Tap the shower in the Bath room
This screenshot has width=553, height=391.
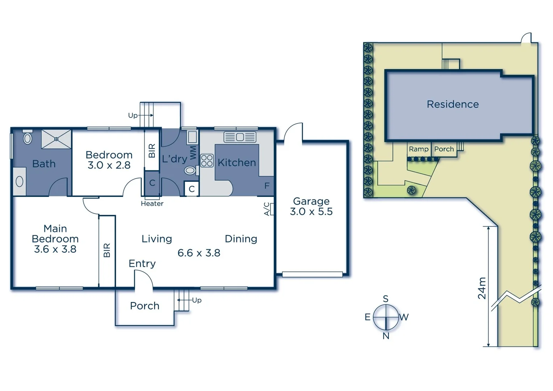pyautogui.click(x=56, y=139)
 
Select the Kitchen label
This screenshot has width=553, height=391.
pyautogui.click(x=237, y=163)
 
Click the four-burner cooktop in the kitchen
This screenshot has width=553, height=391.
pyautogui.click(x=207, y=160)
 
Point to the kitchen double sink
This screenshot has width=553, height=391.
pyautogui.click(x=240, y=137)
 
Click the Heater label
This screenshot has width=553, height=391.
pyautogui.click(x=152, y=204)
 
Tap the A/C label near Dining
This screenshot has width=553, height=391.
pyautogui.click(x=267, y=209)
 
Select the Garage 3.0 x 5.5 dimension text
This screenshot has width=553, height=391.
pyautogui.click(x=311, y=211)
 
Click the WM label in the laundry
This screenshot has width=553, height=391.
pyautogui.click(x=193, y=152)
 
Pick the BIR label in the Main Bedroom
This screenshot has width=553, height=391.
pyautogui.click(x=107, y=250)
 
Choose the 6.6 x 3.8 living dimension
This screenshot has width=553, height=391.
pyautogui.click(x=199, y=253)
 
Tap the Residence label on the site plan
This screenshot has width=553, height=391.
pyautogui.click(x=452, y=104)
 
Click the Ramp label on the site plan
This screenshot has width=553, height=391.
pyautogui.click(x=418, y=149)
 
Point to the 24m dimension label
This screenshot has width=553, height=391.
pyautogui.click(x=482, y=288)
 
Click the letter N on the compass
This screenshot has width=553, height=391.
pyautogui.click(x=386, y=336)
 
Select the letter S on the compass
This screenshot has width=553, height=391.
pyautogui.click(x=386, y=299)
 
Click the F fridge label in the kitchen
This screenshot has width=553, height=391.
pyautogui.click(x=267, y=186)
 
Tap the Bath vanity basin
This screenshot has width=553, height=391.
pyautogui.click(x=20, y=182)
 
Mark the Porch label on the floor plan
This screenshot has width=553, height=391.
pyautogui.click(x=145, y=306)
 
